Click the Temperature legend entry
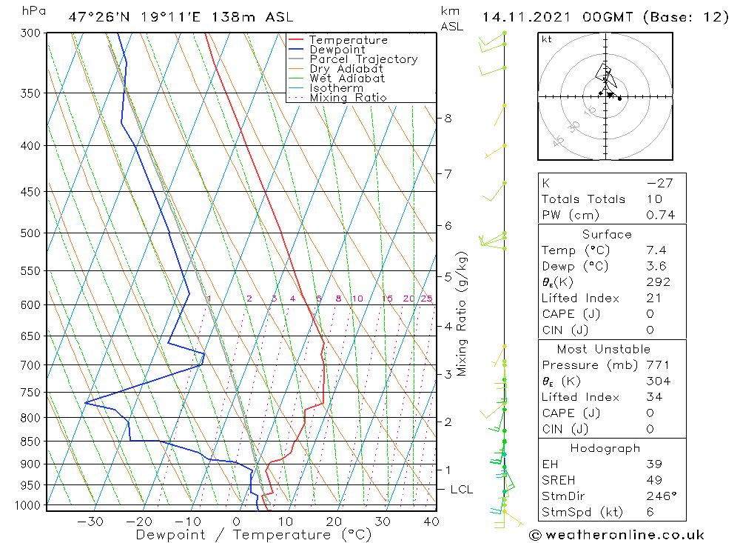pos(348,40)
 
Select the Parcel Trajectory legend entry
pos(363,59)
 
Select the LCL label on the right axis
pos(461,490)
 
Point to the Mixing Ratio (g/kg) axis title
pos(462,314)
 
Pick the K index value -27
pos(659,183)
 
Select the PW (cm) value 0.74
pos(660,216)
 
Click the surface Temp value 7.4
pos(656,250)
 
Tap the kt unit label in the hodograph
pos(547,39)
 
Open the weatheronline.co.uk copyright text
pos(616,534)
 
